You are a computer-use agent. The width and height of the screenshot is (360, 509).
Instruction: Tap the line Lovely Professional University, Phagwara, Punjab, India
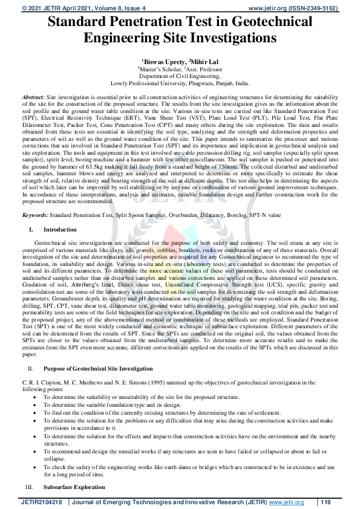[x=180, y=84]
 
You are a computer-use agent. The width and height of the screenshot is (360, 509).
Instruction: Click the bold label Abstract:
[x=33, y=97]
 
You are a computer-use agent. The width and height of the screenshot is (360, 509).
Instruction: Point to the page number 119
[x=326, y=502]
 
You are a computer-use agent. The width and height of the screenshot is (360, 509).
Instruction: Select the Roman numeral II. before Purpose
[x=31, y=368]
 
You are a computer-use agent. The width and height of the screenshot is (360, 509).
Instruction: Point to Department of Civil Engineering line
[x=180, y=77]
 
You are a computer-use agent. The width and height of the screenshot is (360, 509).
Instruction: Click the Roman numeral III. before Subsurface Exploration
[x=30, y=487]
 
